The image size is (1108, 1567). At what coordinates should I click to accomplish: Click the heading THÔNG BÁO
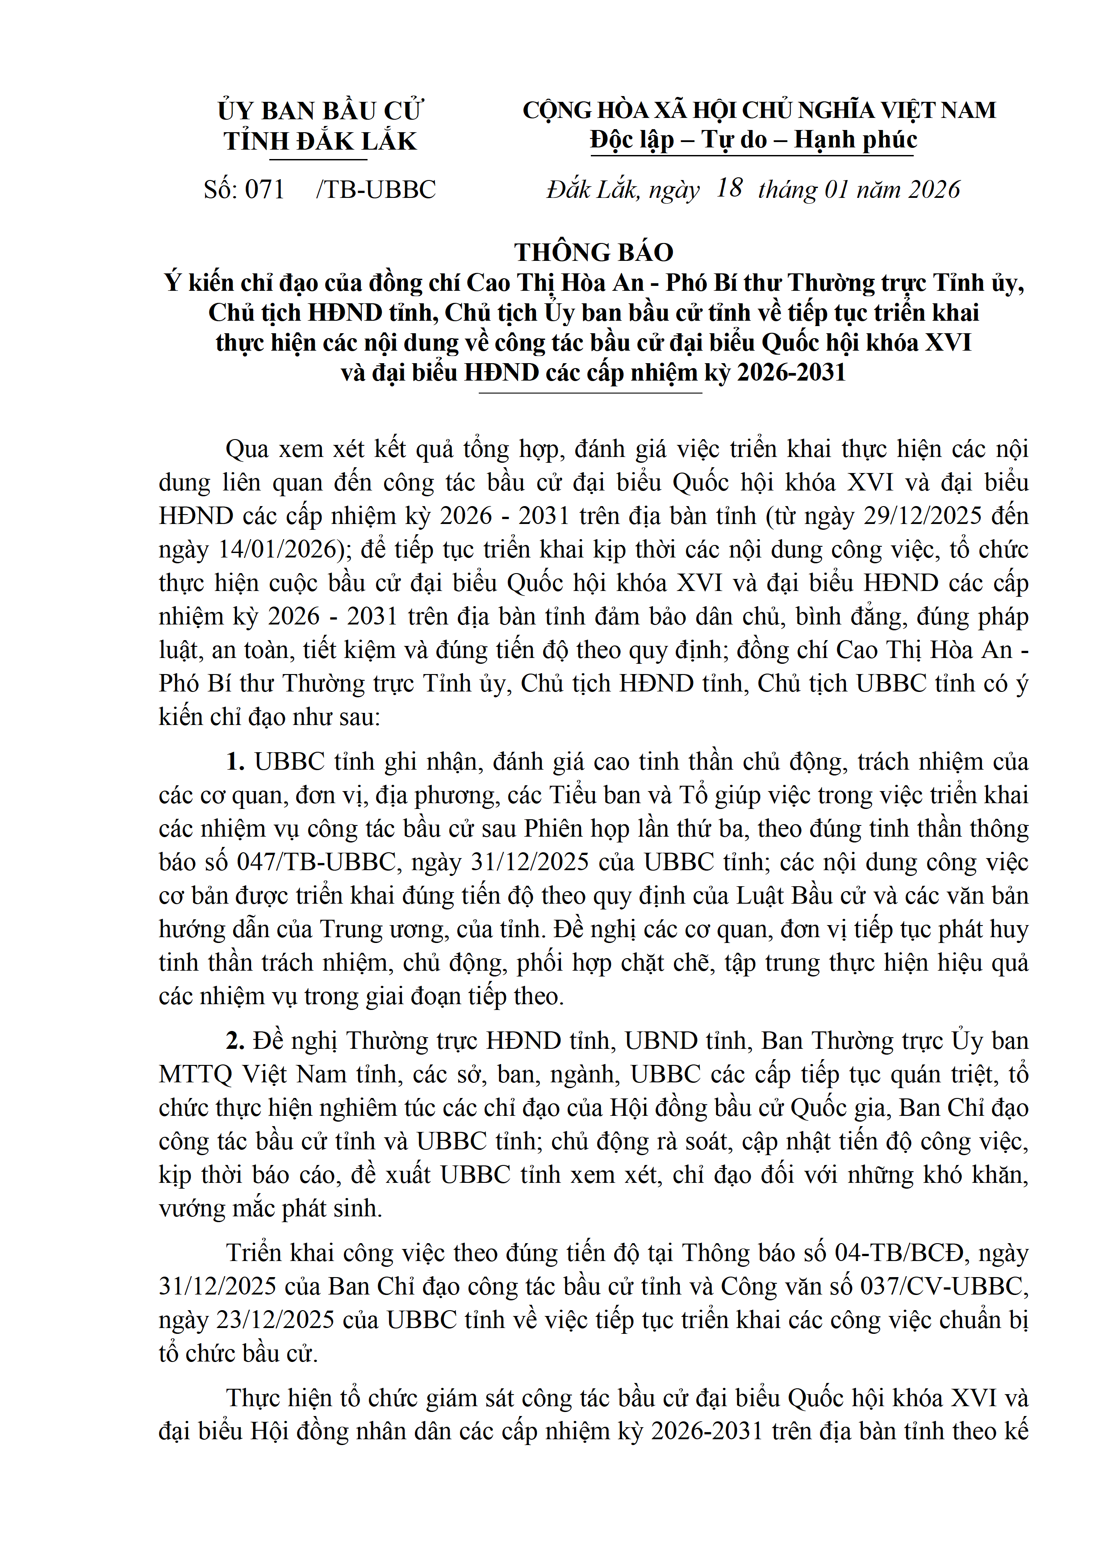point(594,252)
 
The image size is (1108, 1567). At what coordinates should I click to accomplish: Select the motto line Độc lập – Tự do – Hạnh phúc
point(753,140)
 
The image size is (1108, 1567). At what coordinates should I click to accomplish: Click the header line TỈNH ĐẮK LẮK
point(319,141)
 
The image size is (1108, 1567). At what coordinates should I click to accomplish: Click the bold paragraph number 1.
point(235,762)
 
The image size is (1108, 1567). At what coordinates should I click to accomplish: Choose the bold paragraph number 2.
point(235,1040)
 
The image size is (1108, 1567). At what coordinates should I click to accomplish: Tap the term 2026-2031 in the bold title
point(791,373)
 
